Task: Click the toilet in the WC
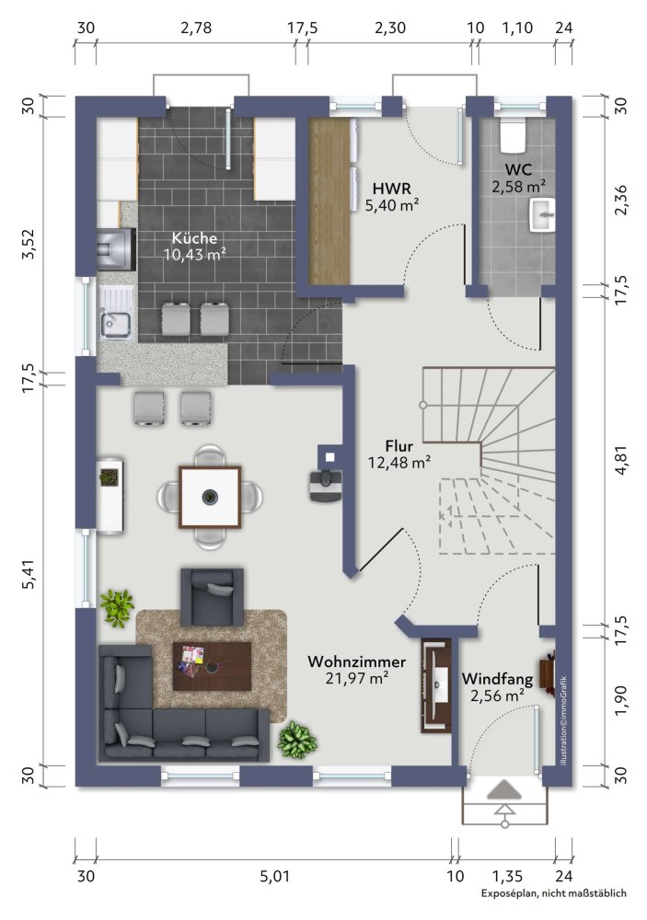pos(512,136)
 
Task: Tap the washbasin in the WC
pos(542,215)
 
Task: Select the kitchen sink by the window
pos(115,321)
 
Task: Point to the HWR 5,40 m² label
pos(391,196)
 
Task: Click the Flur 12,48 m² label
pos(399,453)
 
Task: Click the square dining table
pos(210,497)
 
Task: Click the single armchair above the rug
pos(212,595)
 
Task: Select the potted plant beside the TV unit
pos(297,739)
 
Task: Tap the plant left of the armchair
pos(117,607)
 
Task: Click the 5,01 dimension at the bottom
pos(273,876)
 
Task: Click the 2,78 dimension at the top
pos(196,29)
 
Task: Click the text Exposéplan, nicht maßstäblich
pos(554,894)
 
